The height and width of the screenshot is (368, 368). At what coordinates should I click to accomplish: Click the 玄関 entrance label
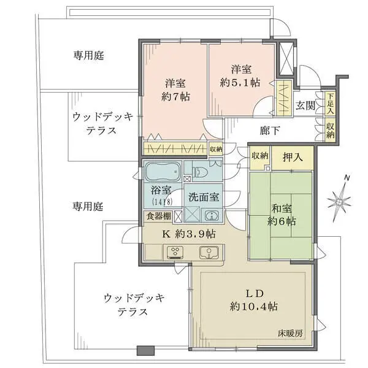point(305,104)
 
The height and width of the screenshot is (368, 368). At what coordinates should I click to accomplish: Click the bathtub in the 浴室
point(163,169)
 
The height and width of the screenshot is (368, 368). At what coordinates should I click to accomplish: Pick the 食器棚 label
point(158,216)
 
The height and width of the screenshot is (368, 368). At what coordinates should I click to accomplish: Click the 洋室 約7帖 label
point(175,90)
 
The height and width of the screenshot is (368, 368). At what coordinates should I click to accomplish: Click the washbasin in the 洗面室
point(212,215)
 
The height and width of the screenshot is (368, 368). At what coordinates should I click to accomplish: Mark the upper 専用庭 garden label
point(89,55)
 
